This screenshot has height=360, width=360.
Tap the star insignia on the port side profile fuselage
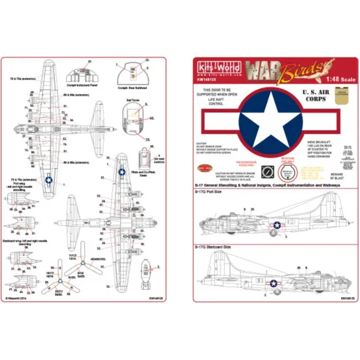tap(277, 225)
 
